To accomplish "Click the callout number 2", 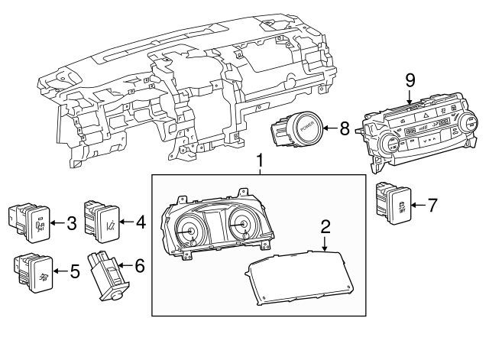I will click(325, 226).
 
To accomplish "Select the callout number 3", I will click(71, 224).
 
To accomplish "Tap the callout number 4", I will click(140, 224).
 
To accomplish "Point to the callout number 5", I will click(74, 271).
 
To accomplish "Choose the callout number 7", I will click(432, 204).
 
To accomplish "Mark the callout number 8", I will click(344, 129).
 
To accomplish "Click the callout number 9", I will click(410, 80).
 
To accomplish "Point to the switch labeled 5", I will click(33, 271).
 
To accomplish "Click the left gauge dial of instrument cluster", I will click(188, 230).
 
